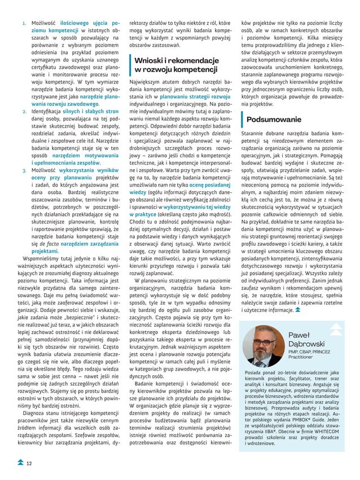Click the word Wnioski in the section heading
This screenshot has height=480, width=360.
[150, 60]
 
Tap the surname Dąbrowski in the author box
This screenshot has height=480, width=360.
[305, 344]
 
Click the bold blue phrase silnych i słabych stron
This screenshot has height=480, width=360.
[102, 112]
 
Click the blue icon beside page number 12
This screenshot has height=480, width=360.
[19, 463]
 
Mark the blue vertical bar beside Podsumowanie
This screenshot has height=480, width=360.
[242, 120]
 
